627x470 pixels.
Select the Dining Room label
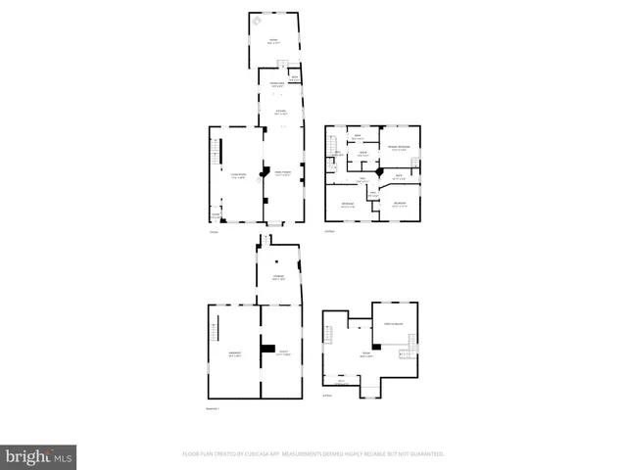283,174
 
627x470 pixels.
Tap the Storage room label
278,278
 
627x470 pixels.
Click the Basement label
235,354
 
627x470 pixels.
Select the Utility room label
283,353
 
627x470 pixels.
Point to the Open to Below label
395,323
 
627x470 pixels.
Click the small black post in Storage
277,261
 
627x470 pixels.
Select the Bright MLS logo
38,456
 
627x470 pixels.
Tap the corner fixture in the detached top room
258,19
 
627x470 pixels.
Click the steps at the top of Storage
261,239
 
